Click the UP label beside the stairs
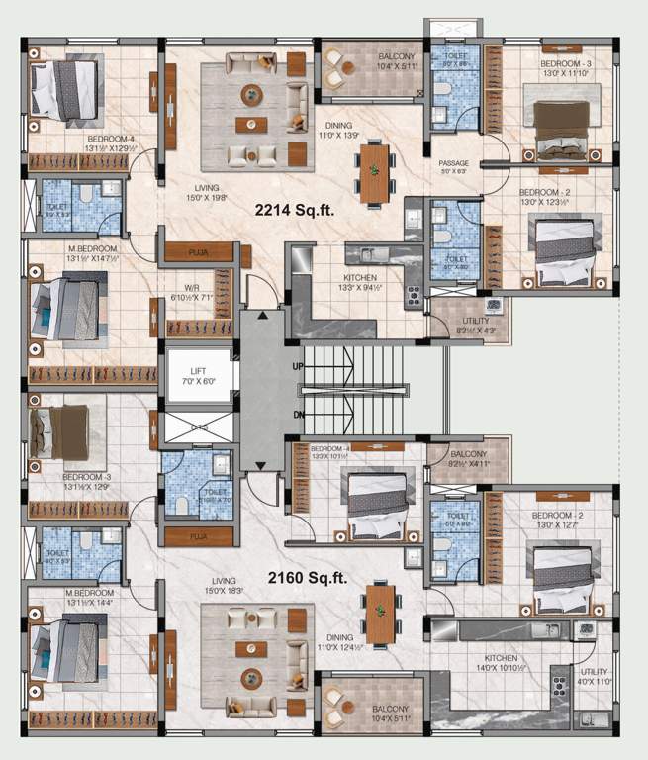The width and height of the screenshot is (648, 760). tap(298, 366)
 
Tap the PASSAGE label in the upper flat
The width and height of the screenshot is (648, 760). tap(454, 164)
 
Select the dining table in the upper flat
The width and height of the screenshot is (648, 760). tap(375, 172)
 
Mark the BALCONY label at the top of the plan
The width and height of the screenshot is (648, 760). tap(397, 62)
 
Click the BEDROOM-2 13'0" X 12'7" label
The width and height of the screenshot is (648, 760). tap(561, 521)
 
